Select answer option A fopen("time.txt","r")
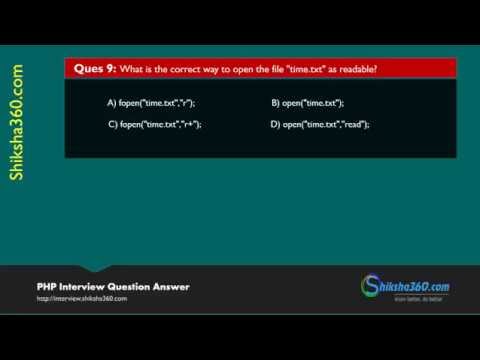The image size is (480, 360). [151, 103]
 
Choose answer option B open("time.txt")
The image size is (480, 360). [307, 103]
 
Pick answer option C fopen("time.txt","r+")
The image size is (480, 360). [154, 125]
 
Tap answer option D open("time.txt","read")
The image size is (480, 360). [320, 125]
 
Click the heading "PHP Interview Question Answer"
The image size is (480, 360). [113, 287]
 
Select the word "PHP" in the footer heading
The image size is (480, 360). [46, 287]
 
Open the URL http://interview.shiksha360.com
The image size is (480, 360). [82, 299]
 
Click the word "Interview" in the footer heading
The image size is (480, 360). [79, 287]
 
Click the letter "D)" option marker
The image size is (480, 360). [276, 125]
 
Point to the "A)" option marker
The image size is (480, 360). [112, 103]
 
